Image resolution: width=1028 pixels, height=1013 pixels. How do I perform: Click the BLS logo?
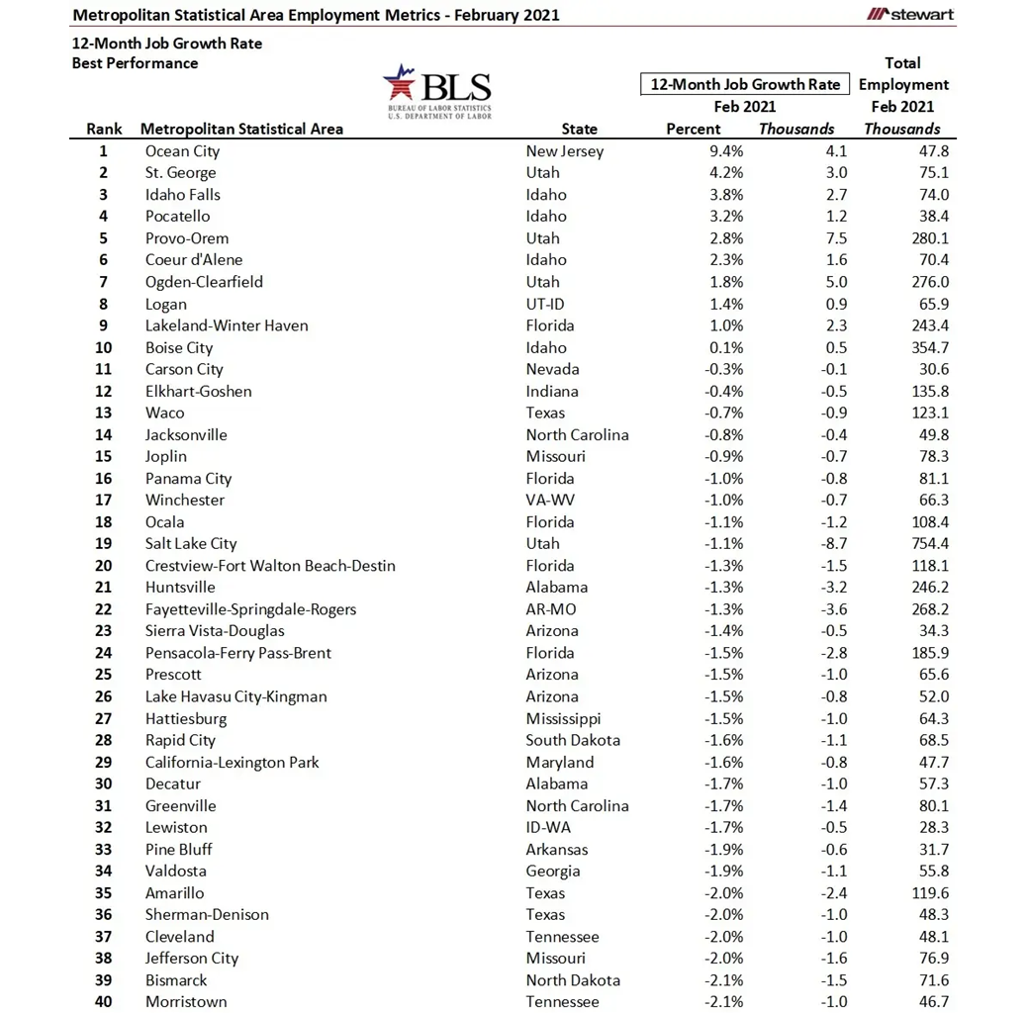coord(437,91)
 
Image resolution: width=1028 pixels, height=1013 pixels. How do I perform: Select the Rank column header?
coord(104,129)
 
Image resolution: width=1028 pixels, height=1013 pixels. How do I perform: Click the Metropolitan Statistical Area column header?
coord(241,129)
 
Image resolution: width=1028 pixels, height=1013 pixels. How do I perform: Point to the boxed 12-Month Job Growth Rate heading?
coord(744,84)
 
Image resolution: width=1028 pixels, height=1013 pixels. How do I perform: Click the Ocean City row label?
coord(182,151)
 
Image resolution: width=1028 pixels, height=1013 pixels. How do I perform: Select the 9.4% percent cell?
coord(724,151)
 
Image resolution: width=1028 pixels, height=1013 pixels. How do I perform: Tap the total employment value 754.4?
coord(927,543)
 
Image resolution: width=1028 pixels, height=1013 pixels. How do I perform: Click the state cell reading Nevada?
coord(552,369)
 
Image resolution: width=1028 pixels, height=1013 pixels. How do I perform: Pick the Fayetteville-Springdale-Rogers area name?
coord(250,609)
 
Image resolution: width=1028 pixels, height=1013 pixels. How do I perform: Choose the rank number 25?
coord(103,675)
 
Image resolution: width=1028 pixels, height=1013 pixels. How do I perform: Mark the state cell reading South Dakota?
coord(573,740)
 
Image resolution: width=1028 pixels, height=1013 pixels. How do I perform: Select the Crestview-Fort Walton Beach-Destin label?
coord(270,566)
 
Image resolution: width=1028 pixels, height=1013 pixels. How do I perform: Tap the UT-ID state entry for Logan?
coord(545,304)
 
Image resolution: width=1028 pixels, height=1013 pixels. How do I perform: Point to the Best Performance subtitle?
coord(135,63)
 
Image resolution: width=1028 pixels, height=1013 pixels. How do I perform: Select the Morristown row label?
coord(186,1002)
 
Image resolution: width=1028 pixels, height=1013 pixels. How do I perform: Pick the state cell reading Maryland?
coord(560,762)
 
